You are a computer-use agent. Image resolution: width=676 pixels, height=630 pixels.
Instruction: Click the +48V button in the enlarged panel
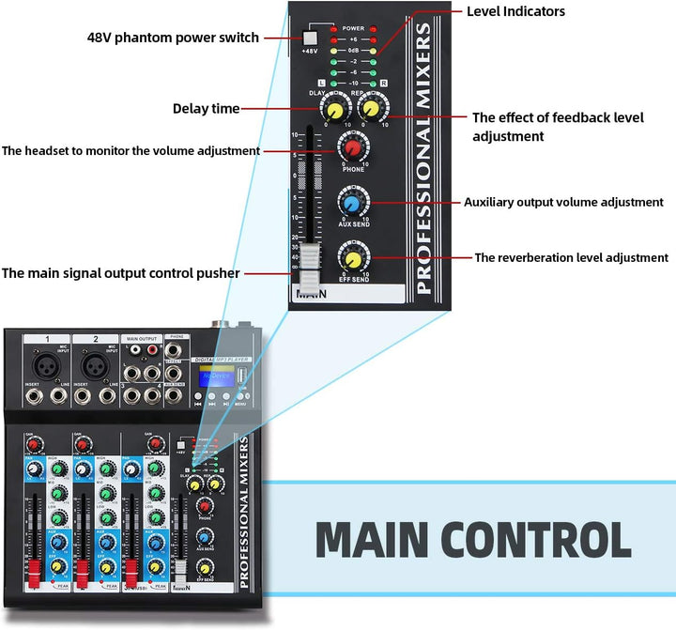point(311,38)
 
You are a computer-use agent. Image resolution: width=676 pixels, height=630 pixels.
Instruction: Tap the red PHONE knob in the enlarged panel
point(353,147)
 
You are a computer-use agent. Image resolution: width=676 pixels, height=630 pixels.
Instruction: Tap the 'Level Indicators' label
point(515,12)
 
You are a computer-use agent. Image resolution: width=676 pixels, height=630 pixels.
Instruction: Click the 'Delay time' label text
point(206,109)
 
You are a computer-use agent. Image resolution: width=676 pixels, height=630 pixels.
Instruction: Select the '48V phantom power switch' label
point(173,38)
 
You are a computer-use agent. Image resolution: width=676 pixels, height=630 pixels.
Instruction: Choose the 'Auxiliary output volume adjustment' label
point(563,202)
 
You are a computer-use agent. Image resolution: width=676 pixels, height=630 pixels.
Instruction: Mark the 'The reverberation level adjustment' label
point(571,257)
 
